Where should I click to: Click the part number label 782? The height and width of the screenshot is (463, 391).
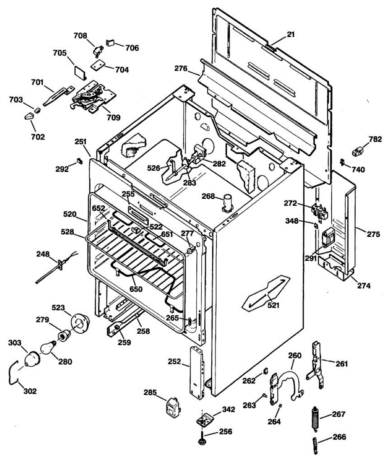pos(375,139)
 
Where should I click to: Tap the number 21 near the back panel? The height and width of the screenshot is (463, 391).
pos(290,35)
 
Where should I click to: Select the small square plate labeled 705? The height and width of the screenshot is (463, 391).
pos(80,72)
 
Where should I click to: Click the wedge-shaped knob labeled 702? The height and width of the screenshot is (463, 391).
pos(29,116)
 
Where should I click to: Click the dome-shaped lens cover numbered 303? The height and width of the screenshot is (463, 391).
pos(31,359)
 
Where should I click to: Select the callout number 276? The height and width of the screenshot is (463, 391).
pos(181,69)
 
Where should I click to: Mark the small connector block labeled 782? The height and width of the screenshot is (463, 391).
pos(357,150)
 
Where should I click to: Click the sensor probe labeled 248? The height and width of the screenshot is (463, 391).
pos(54,268)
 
